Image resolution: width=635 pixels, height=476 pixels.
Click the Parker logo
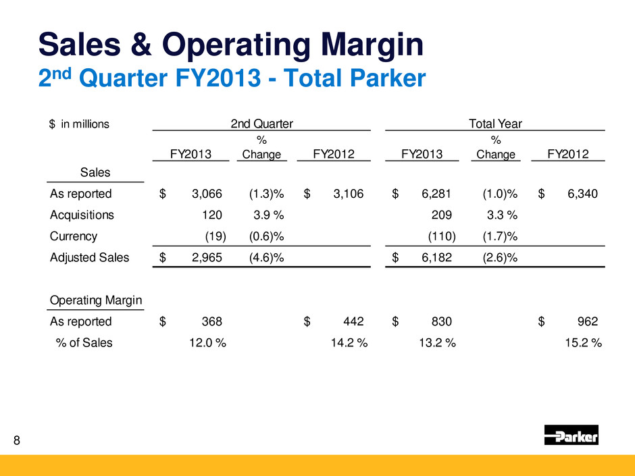pos(571,435)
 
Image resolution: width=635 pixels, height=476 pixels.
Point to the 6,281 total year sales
pos(437,194)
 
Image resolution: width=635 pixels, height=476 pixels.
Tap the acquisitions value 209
pos(441,215)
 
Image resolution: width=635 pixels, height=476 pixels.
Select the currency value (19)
pos(215,236)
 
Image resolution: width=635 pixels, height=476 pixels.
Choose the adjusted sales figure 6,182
pos(437,257)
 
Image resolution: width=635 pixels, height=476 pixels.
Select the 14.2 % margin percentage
pos(349,342)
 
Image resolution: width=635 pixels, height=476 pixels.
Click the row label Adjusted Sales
pos(89,257)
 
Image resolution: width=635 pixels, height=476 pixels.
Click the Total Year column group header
pos(494,124)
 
